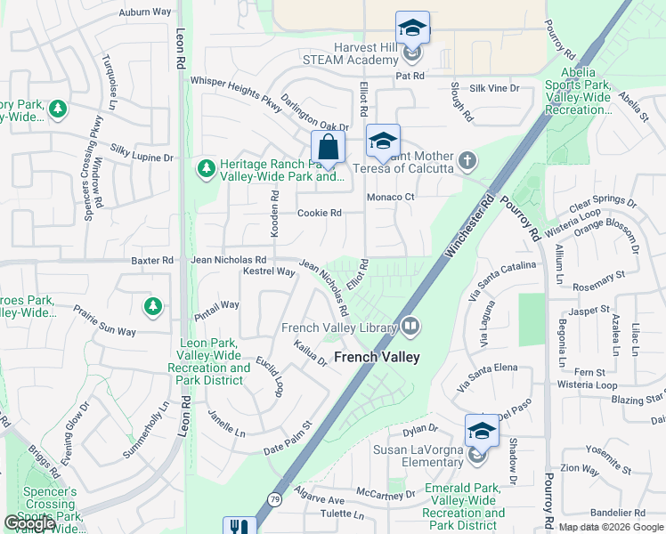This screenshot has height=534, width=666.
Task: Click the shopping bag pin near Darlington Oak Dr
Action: [328, 148]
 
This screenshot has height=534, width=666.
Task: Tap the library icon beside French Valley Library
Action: [410, 327]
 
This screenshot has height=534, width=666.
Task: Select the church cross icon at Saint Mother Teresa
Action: [467, 161]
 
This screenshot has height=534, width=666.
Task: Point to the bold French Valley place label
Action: [377, 357]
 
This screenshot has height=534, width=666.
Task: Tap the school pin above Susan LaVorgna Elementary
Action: [482, 432]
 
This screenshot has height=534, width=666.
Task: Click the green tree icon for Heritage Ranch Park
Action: [207, 167]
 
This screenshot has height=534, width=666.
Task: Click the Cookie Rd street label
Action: [320, 213]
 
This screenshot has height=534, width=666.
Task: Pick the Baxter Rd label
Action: [151, 260]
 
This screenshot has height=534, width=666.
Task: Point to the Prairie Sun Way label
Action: [105, 320]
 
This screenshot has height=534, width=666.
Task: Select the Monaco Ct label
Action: [391, 197]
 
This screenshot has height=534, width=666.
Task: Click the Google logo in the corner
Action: [29, 523]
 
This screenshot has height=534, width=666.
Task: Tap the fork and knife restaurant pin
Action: [239, 527]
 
